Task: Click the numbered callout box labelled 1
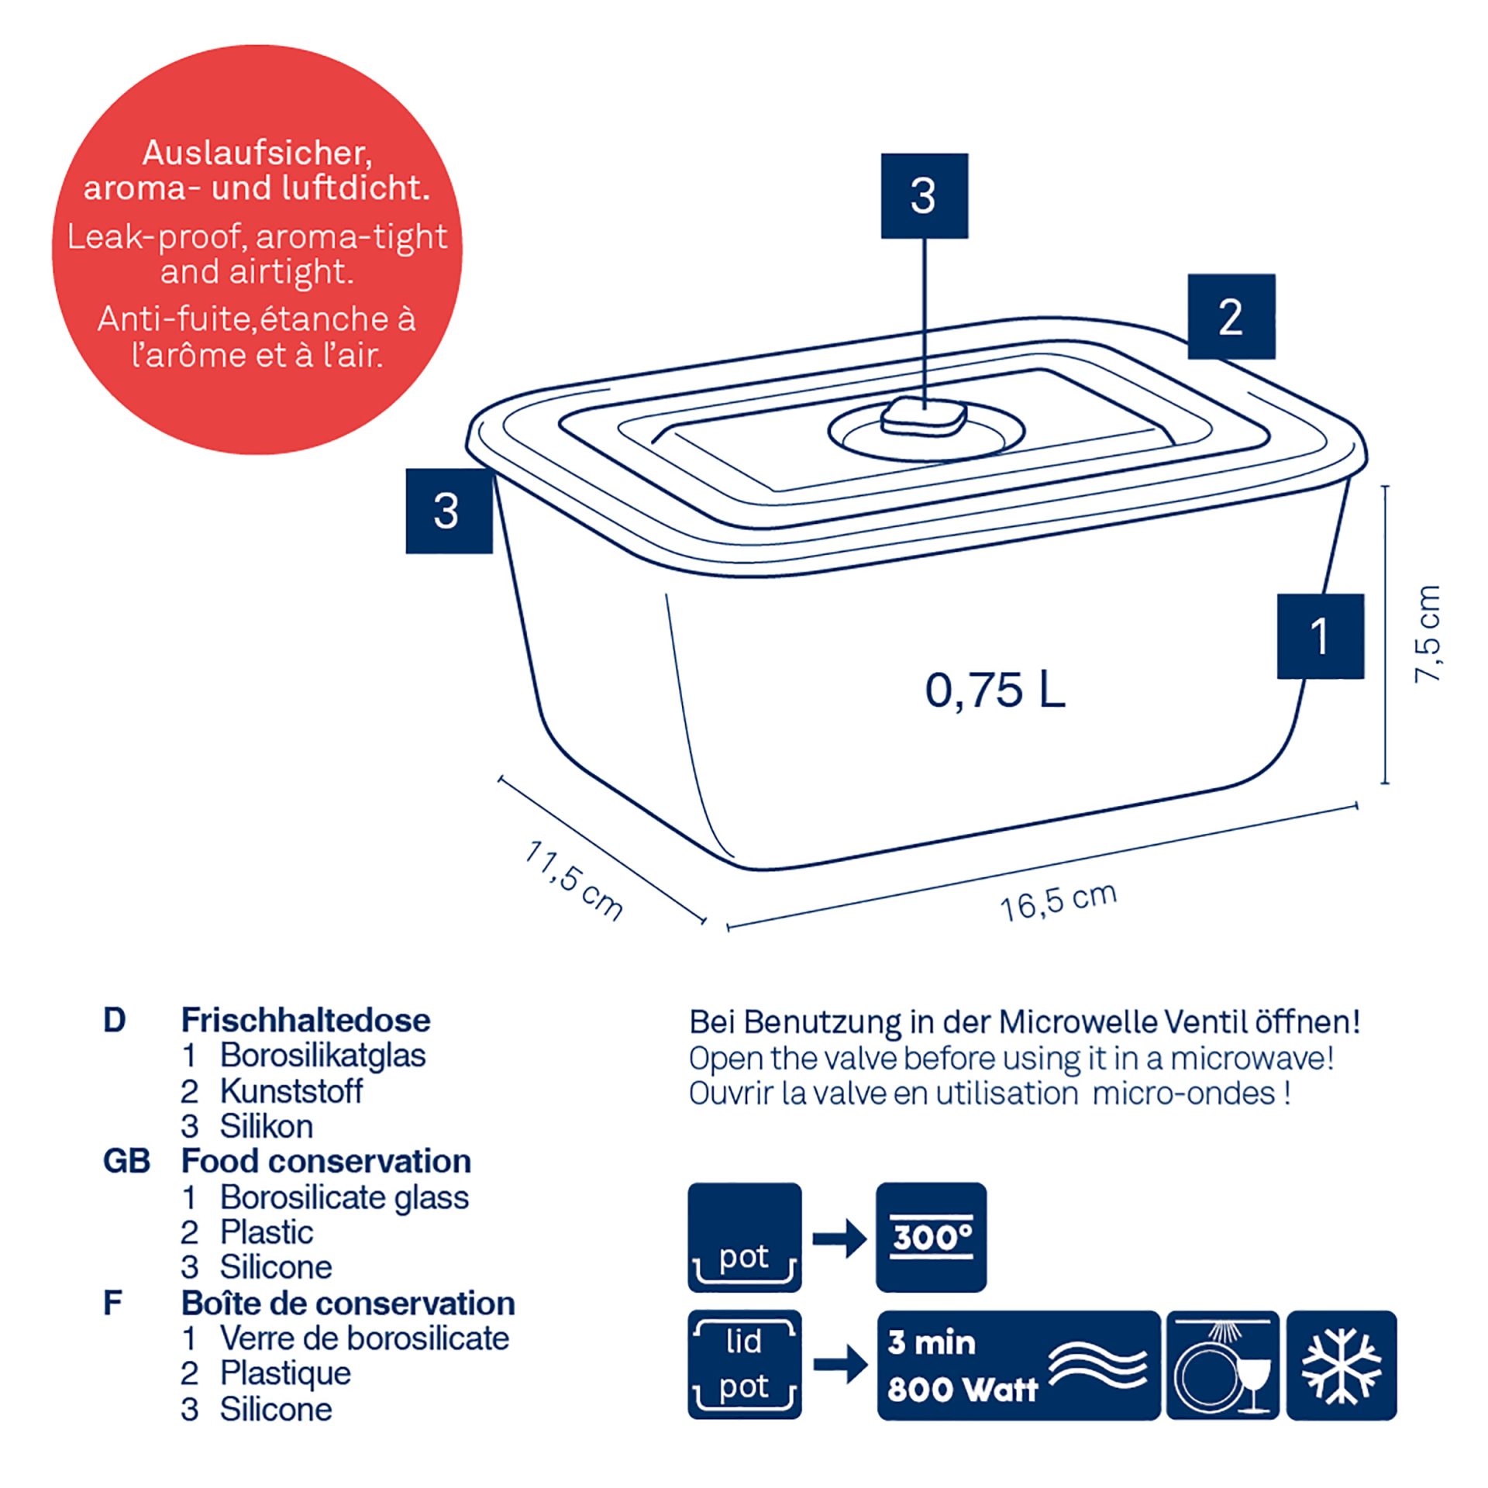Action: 1320,636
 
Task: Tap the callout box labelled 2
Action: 1231,316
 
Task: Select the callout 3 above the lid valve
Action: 924,196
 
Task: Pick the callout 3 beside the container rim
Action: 449,511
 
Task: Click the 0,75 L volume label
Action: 995,690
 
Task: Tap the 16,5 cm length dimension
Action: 1059,901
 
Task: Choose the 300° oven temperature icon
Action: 931,1238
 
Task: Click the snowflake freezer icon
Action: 1342,1366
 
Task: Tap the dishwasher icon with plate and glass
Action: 1222,1366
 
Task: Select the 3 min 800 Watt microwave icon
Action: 1018,1366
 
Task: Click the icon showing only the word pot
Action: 744,1238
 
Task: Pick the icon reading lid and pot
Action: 744,1366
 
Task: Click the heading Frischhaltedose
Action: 305,1020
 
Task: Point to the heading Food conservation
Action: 325,1161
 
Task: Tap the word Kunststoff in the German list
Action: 291,1091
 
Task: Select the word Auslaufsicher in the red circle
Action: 257,153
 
